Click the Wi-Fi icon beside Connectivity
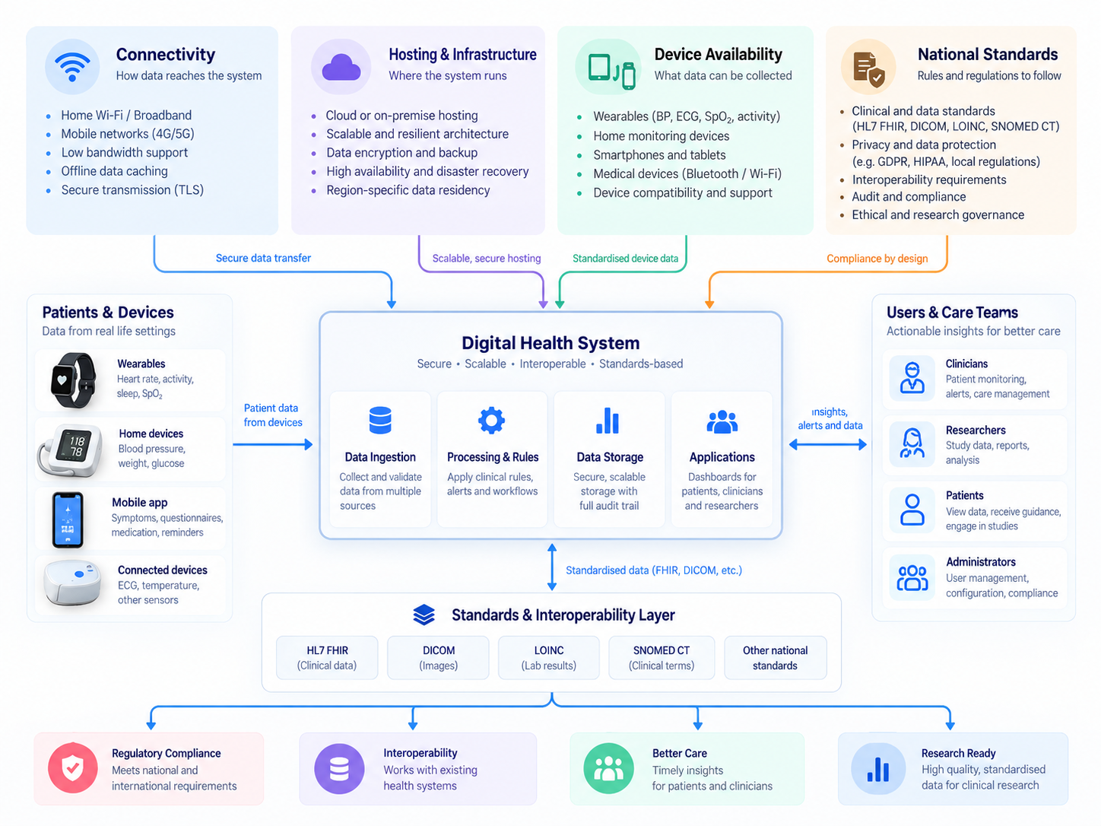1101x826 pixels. tap(72, 66)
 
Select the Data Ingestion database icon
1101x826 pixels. tap(379, 421)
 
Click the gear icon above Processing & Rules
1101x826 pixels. tap(491, 421)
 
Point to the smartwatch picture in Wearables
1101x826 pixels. tap(74, 380)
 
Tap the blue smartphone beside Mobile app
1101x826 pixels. tap(68, 519)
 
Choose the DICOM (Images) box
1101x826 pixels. tap(438, 657)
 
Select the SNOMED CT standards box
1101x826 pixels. tap(661, 657)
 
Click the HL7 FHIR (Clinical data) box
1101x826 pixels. tap(326, 657)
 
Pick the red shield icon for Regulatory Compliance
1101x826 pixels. tap(73, 768)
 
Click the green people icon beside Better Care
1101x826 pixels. tap(608, 768)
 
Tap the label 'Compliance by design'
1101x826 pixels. tap(877, 259)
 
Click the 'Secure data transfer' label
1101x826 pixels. tap(263, 258)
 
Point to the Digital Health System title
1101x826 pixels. tap(550, 343)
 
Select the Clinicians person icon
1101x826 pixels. tap(912, 378)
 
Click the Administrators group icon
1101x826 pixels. tap(912, 578)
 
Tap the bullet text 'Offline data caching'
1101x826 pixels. tap(114, 171)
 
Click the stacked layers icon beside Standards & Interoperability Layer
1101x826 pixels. tap(424, 615)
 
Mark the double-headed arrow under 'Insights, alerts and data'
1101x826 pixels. tap(827, 444)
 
